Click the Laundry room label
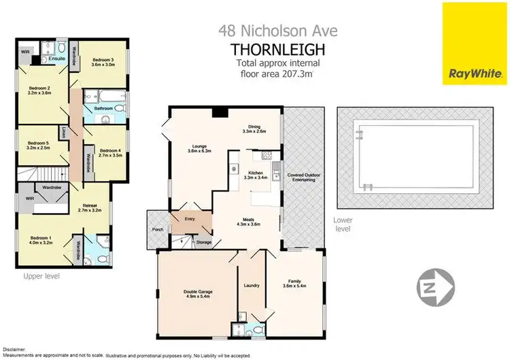point(251,285)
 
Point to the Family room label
point(295,284)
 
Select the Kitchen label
point(258,174)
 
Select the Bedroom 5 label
point(39,144)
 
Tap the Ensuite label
point(56,59)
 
